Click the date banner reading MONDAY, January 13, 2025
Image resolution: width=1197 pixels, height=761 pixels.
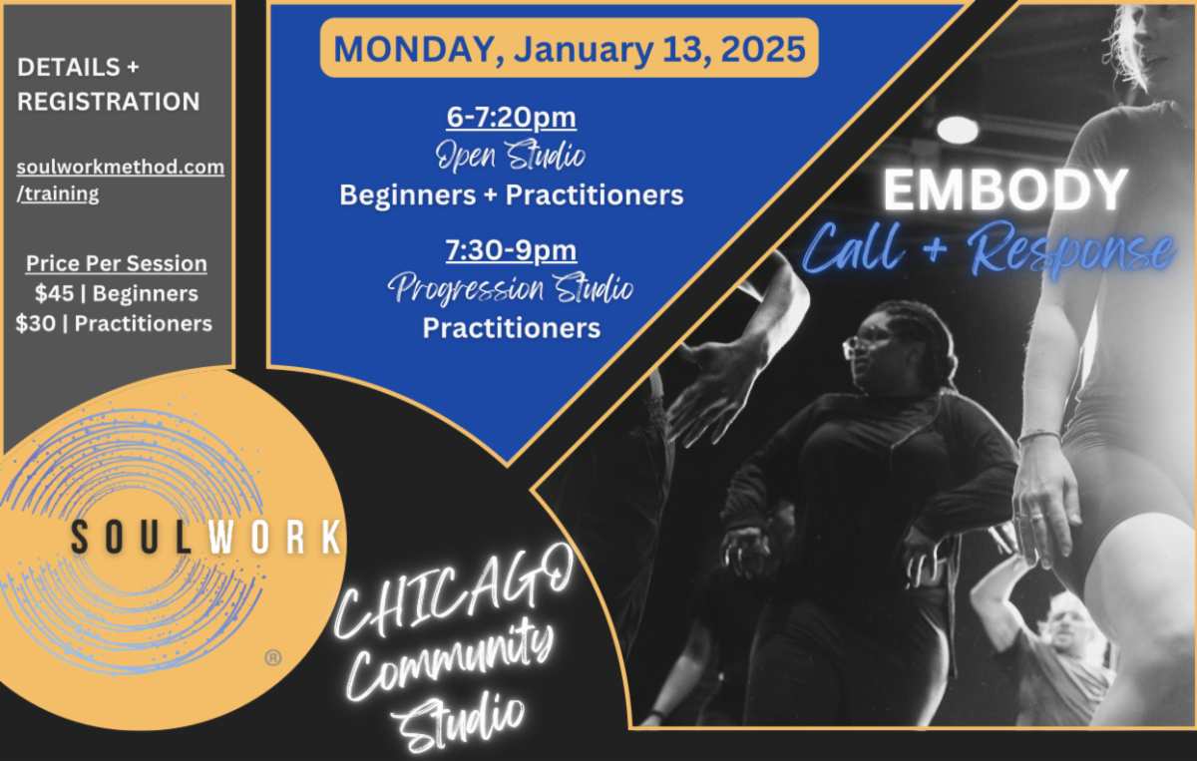coord(569,48)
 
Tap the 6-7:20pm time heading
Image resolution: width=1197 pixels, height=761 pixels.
coord(511,118)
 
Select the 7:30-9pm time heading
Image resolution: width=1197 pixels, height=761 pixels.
coord(511,250)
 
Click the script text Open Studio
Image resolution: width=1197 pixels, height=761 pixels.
coord(511,156)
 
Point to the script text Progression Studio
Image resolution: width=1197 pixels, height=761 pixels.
coord(511,289)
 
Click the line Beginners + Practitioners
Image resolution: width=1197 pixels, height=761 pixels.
coord(511,194)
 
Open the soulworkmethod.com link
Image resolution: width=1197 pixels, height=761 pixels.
coord(120,167)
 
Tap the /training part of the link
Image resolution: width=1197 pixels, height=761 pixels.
coord(58,193)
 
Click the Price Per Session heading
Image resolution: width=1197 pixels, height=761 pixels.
coord(117,264)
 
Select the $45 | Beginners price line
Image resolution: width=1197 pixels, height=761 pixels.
coord(116,293)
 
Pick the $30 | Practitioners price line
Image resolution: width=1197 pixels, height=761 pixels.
coord(114,323)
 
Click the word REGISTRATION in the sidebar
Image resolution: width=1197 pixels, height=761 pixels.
coord(108,102)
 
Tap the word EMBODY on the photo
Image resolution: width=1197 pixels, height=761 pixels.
coord(1004,190)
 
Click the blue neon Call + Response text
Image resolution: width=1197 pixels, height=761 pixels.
coord(988,249)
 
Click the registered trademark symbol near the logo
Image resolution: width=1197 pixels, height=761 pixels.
coord(272,658)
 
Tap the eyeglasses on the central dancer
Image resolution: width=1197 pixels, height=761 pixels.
coord(859,346)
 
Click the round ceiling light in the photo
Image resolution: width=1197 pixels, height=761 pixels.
coord(958,130)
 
